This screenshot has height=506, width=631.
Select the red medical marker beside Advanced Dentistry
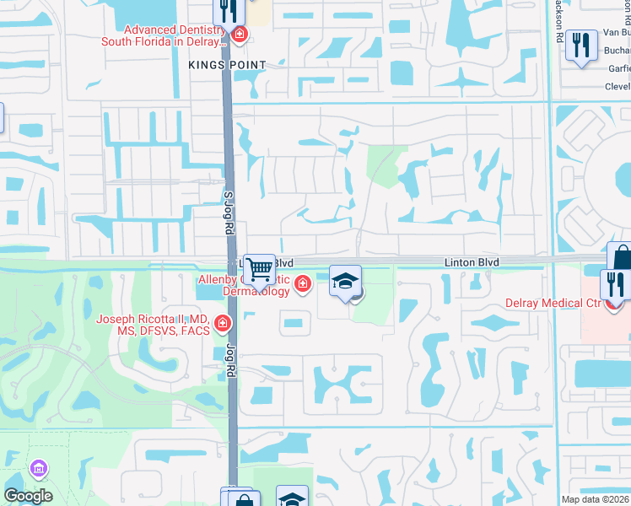[x=240, y=35]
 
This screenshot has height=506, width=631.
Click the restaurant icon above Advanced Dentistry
[x=228, y=11]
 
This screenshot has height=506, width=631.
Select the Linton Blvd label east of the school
[x=472, y=263]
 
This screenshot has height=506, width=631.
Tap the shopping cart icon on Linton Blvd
[x=260, y=269]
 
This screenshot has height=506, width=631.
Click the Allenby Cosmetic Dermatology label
[x=245, y=285]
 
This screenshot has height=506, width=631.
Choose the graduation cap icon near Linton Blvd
[x=344, y=280]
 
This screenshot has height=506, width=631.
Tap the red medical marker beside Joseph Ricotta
[x=223, y=322]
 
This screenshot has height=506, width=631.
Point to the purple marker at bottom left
[x=37, y=467]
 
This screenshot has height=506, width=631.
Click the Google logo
[x=28, y=496]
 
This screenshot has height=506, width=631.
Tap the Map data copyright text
[x=596, y=499]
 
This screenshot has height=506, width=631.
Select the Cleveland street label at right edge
[x=618, y=86]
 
